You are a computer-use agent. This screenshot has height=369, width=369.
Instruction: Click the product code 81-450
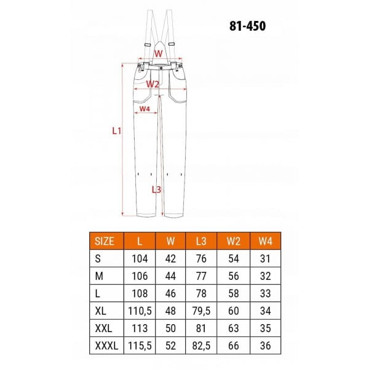tap(248, 26)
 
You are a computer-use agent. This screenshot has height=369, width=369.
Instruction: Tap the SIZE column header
tap(105, 241)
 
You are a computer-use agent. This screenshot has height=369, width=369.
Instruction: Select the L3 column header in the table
tap(201, 241)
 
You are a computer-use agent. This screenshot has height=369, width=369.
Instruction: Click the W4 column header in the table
tap(265, 241)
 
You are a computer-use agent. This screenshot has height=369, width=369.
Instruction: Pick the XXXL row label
tap(106, 346)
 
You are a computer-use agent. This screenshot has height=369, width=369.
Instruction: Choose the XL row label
tap(100, 311)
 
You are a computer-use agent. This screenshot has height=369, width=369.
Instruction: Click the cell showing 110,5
tap(140, 311)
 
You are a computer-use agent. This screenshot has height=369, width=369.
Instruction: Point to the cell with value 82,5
tap(201, 346)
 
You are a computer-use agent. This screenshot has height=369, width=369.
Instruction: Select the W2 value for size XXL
tap(234, 328)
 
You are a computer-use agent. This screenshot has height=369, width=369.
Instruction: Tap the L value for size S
tap(140, 259)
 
